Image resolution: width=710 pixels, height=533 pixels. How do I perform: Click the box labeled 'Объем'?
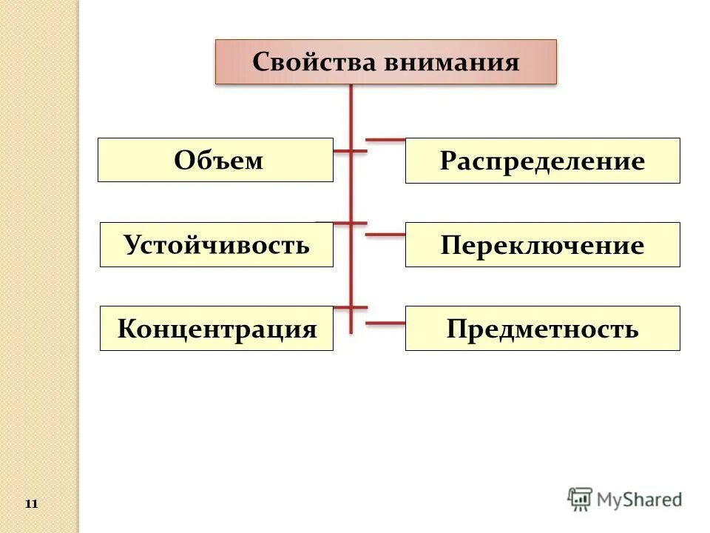pyautogui.click(x=215, y=160)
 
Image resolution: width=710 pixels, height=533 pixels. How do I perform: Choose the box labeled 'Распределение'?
pyautogui.click(x=542, y=161)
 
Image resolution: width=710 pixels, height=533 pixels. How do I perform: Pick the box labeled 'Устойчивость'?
pyautogui.click(x=216, y=244)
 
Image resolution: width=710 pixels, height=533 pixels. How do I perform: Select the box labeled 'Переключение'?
pyautogui.click(x=542, y=245)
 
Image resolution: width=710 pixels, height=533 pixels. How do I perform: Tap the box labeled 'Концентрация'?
pyautogui.click(x=216, y=329)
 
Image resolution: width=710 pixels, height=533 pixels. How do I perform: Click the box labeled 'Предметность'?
pyautogui.click(x=542, y=329)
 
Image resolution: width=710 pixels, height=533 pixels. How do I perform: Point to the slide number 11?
pyautogui.click(x=31, y=504)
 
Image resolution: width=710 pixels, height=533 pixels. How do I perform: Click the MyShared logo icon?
pyautogui.click(x=580, y=500)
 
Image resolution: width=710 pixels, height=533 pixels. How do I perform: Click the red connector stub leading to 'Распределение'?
pyautogui.click(x=385, y=139)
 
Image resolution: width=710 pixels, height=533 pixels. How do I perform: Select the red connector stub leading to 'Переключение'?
pyautogui.click(x=385, y=235)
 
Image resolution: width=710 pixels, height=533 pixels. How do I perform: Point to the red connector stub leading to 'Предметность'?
pyautogui.click(x=385, y=323)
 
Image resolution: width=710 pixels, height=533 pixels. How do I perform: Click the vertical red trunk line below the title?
pyautogui.click(x=351, y=192)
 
